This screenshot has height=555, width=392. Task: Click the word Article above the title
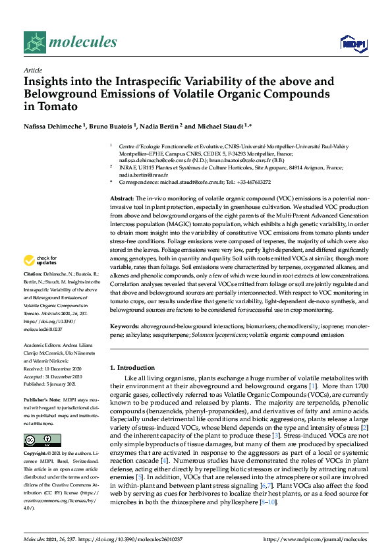[x=33, y=70]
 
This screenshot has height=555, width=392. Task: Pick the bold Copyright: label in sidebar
[x=37, y=455]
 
